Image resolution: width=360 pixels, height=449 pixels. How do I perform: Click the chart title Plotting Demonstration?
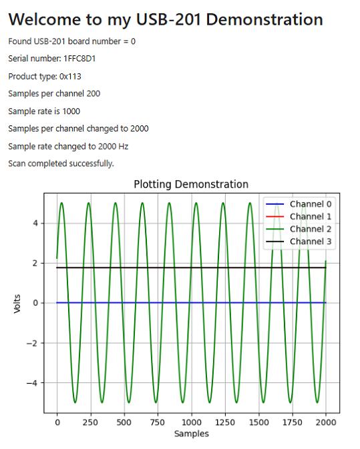(x=191, y=184)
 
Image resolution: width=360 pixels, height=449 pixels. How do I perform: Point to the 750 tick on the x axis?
(x=158, y=422)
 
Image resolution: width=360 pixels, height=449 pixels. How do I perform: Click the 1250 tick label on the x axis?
(x=225, y=422)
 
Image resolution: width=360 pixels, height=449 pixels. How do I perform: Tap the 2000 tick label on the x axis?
(x=326, y=422)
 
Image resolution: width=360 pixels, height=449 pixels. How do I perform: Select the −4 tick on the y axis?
(x=32, y=383)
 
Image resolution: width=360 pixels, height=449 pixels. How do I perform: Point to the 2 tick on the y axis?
(x=35, y=263)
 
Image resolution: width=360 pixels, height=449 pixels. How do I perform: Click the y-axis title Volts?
(x=17, y=304)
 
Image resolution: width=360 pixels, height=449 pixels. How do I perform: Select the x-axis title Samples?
(x=192, y=434)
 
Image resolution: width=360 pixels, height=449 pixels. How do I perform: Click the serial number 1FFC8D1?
(x=79, y=59)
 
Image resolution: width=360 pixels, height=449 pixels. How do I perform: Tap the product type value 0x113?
(x=70, y=77)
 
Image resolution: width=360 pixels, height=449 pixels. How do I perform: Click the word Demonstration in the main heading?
(x=264, y=19)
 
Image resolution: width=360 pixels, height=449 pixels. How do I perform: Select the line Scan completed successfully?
(x=61, y=163)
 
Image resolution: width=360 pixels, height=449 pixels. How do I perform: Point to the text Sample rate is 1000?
(x=44, y=111)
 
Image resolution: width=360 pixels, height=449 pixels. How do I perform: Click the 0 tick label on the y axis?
(x=35, y=303)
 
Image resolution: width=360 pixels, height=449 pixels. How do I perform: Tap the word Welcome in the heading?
(x=45, y=19)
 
